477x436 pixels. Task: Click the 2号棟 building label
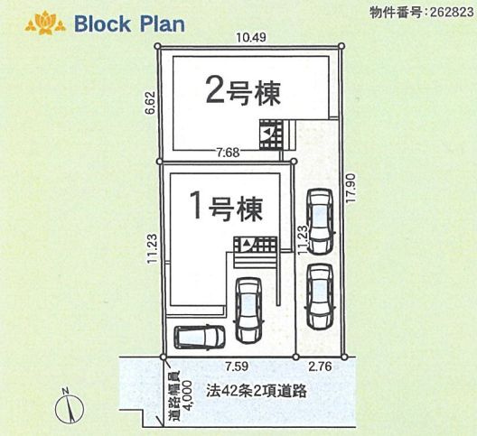pos(243,89)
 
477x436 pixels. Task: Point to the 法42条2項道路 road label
pos(256,394)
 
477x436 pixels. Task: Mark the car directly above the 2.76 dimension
pos(321,296)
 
